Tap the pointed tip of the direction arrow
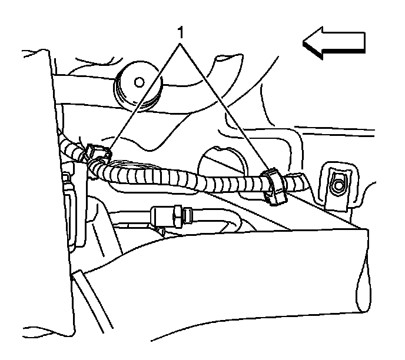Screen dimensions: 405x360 305,44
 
